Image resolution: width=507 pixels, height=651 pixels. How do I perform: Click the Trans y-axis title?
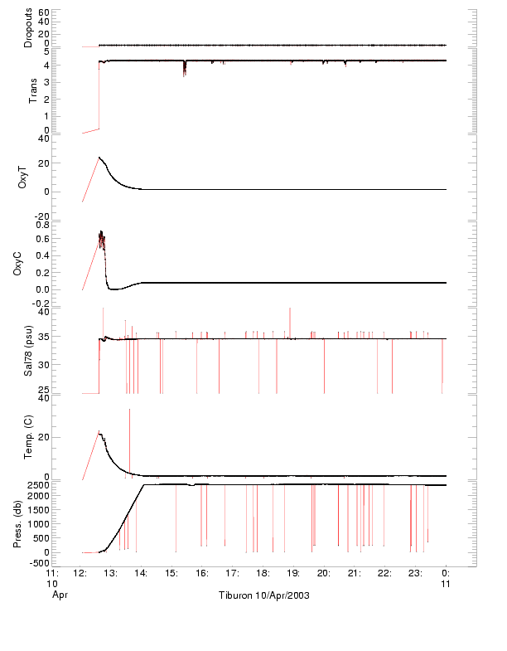(x=32, y=89)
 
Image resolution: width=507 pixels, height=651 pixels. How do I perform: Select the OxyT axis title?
(x=24, y=177)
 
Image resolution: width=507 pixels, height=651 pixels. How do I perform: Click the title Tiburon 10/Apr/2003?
(x=263, y=595)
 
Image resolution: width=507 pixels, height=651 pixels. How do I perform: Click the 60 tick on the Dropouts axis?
(x=43, y=12)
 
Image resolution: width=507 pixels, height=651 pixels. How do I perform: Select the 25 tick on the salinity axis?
(x=43, y=388)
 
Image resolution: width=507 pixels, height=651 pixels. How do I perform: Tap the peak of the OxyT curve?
(x=99, y=157)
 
